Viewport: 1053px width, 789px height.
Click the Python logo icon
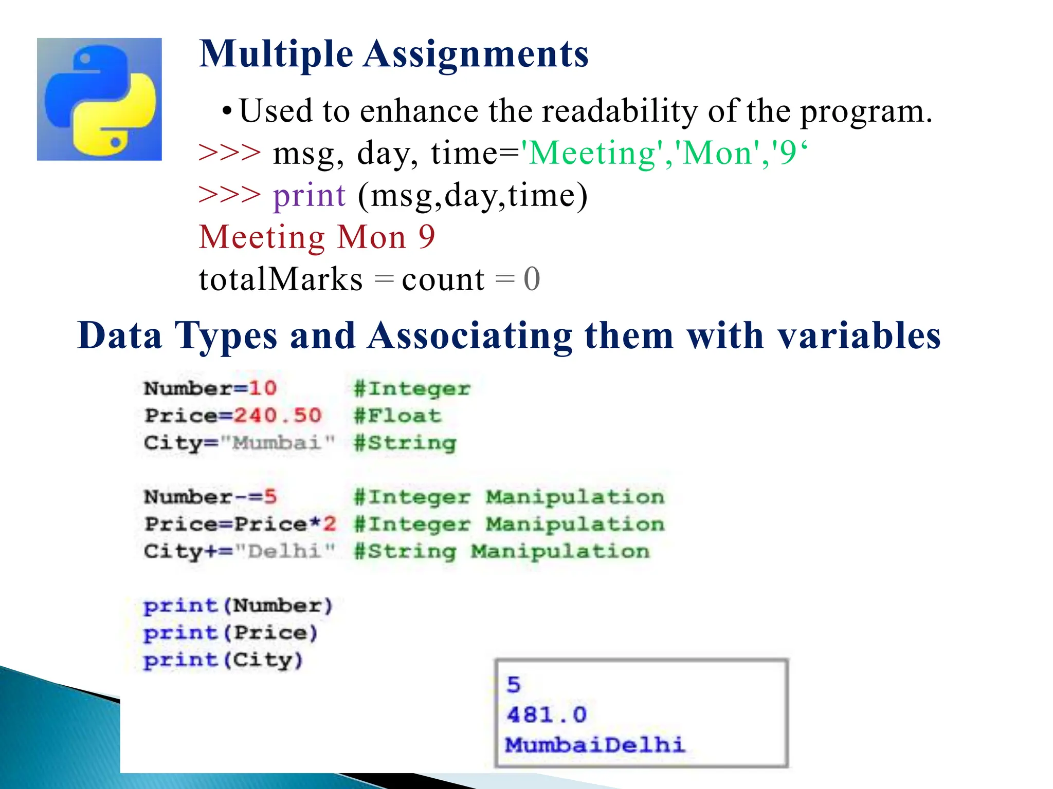coord(99,99)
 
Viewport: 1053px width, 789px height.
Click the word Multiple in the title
coord(276,54)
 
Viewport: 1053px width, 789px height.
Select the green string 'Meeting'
coord(591,153)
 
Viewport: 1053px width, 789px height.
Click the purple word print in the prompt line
coord(309,195)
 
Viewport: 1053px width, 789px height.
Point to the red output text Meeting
coord(262,237)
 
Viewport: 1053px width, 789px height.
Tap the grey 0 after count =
coord(532,279)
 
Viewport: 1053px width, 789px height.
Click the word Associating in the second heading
coord(469,336)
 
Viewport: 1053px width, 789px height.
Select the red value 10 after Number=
coord(263,388)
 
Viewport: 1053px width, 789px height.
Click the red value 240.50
coord(278,415)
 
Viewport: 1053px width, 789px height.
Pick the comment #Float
coord(397,415)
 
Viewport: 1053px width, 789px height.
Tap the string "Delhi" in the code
coord(285,551)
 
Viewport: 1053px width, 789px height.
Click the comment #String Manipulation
coord(502,551)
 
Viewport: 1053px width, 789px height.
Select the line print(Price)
coord(230,633)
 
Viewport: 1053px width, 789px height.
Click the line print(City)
coord(223,660)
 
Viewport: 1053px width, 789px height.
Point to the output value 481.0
coord(546,715)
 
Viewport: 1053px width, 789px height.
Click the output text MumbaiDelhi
coord(595,744)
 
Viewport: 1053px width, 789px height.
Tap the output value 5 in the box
coord(514,685)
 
